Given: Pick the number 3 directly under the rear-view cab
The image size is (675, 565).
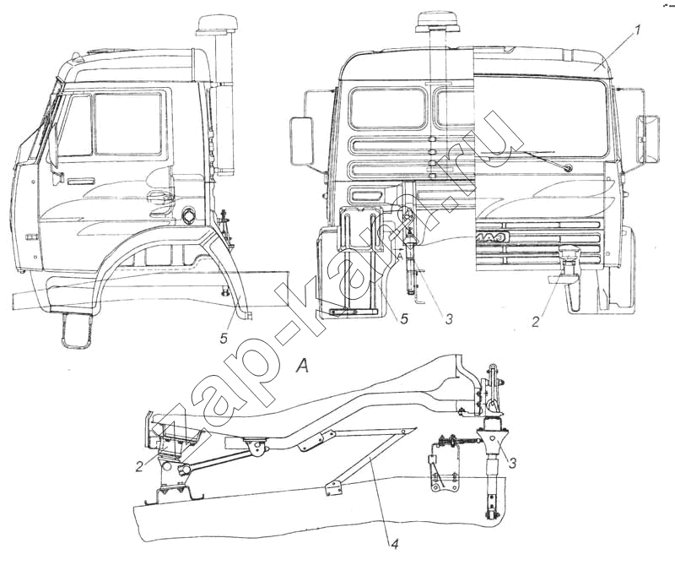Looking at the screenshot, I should [x=450, y=319].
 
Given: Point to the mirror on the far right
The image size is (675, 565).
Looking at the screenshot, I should [x=650, y=139].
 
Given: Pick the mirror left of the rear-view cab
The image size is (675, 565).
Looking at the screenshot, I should [x=301, y=140].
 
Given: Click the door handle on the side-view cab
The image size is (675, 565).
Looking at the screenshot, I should [x=82, y=182].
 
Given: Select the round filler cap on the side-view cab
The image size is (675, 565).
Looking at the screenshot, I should [x=186, y=214].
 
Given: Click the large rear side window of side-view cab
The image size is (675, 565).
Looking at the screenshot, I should [x=127, y=123].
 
